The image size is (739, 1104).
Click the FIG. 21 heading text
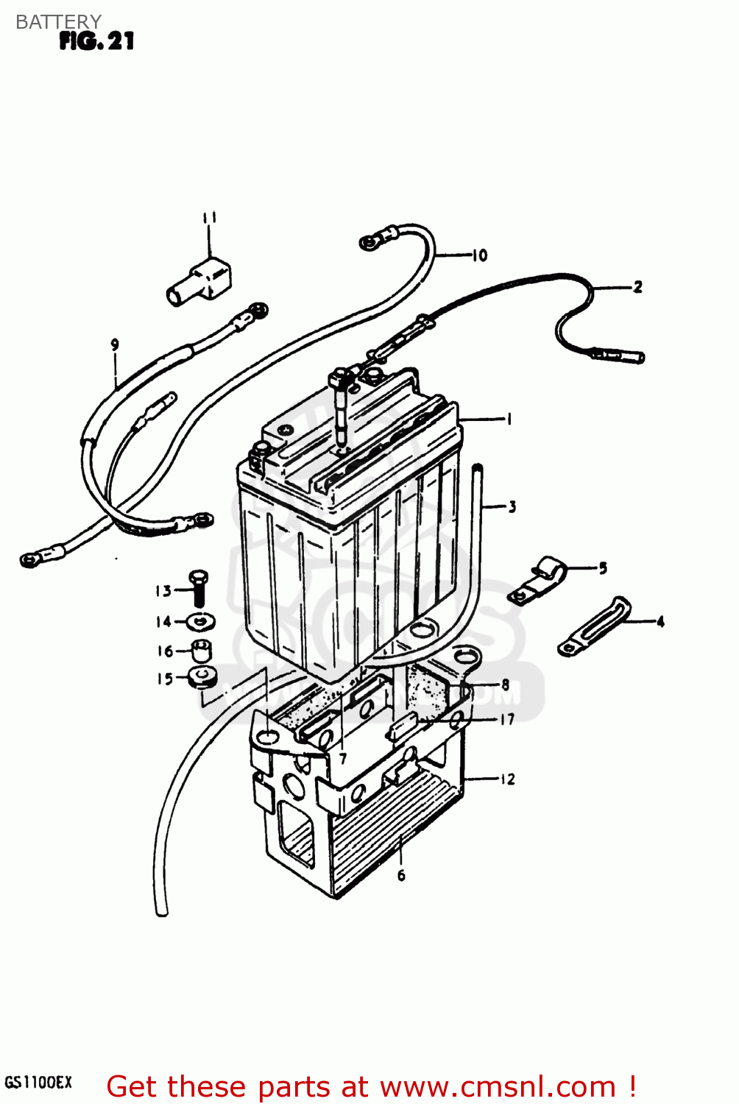tap(96, 41)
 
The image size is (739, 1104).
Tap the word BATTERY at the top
tap(58, 22)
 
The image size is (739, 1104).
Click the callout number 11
tap(209, 218)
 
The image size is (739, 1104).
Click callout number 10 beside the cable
tap(479, 255)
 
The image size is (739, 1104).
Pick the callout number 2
tap(637, 287)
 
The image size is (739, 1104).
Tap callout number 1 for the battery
tap(508, 420)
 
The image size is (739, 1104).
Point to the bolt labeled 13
tap(198, 589)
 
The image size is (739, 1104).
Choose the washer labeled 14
tap(199, 622)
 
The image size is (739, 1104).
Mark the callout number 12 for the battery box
tap(507, 779)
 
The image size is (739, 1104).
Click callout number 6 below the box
tap(401, 875)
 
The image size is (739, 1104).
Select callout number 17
tap(507, 719)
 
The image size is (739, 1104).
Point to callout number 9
tap(115, 344)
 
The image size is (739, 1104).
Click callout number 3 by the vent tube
tap(512, 506)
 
